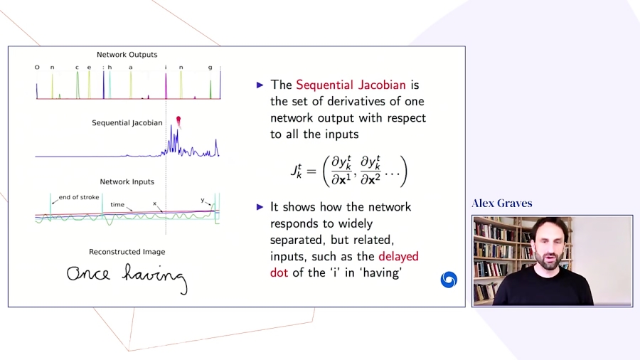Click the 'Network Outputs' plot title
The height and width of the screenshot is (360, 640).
coord(127,55)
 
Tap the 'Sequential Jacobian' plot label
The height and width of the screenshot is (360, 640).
coord(127,123)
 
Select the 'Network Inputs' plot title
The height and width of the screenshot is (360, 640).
coord(127,182)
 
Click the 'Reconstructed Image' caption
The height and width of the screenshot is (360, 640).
coord(127,252)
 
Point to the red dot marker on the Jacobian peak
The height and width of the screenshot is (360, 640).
coord(178,120)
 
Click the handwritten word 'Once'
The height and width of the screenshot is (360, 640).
coord(89,274)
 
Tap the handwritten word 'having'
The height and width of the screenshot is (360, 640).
coord(154,276)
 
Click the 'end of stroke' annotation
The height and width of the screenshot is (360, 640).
coord(79,198)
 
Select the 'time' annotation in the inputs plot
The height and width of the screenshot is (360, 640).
coord(117,205)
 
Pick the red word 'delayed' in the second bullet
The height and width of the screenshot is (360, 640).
coord(398,256)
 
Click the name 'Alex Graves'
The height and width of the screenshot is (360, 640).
coord(502,203)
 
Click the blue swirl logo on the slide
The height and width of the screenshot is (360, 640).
coord(449,280)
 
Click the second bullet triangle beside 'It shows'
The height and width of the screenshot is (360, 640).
coord(260,207)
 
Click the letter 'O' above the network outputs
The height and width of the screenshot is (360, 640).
coord(37,68)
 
